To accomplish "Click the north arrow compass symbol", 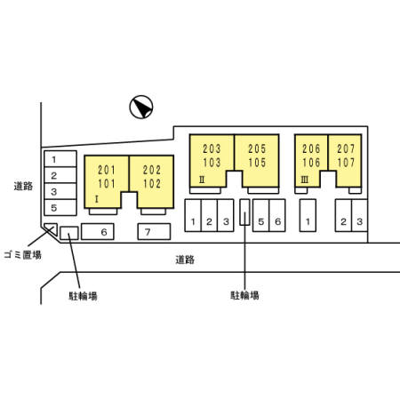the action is coord(141,107).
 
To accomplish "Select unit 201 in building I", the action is coord(107,170).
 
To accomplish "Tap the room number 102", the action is coord(152,184).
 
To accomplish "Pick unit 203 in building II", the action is coord(212,148).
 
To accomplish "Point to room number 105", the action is coord(257,163).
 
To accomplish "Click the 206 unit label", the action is coord(311,148).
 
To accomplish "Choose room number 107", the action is coord(346,163).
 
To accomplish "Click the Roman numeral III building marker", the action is coord(304,180).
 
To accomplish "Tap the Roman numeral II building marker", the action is coord(202,180).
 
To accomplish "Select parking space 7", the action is coord(154,232).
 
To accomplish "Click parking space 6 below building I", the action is coord(98,232).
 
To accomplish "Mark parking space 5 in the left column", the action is coord(60,207).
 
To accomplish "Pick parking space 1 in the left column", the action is coord(60,159).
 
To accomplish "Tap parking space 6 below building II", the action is coord(277,215).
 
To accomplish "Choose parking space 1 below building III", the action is coord(308,215).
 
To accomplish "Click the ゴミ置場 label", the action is coord(22,255).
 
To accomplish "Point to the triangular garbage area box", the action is coord(52,228).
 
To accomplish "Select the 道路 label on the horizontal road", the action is coord(185,260).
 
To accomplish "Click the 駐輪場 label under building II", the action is coord(244,295).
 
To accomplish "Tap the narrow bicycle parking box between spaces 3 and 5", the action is coord(244,212).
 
